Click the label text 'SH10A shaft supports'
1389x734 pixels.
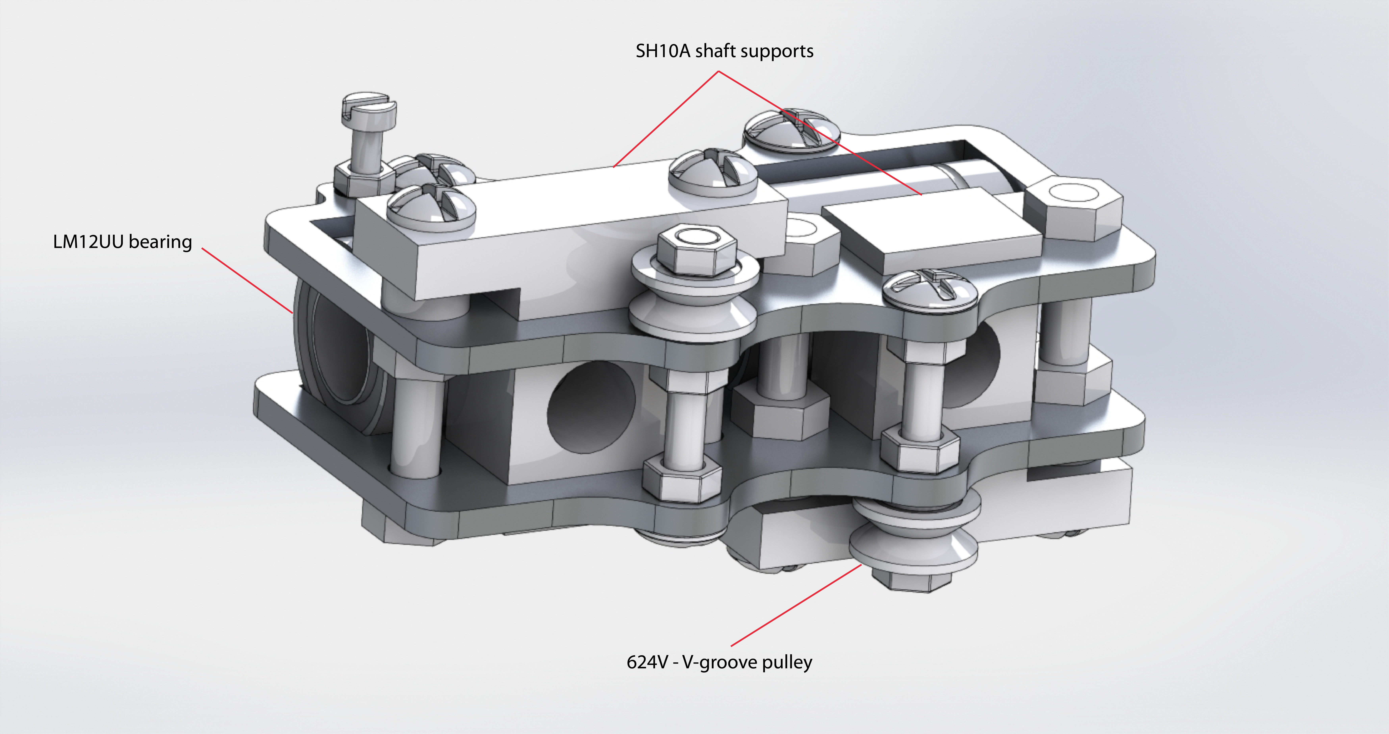724,51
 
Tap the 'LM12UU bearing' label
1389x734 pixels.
122,242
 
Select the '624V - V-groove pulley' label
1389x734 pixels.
719,662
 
